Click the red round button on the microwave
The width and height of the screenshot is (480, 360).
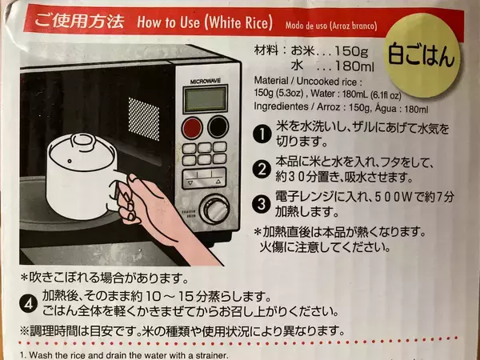click(192, 128)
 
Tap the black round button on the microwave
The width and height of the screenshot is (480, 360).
click(218, 126)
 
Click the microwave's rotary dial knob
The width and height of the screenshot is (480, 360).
click(214, 209)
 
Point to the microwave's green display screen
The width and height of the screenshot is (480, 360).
click(206, 99)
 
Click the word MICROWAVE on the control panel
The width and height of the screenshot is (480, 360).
click(205, 82)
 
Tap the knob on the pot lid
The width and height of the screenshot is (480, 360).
click(82, 140)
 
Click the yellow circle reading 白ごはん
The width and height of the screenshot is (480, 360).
click(422, 55)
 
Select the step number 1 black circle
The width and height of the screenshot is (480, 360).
click(262, 134)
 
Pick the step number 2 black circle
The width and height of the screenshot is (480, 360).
click(262, 170)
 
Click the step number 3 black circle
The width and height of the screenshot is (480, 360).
click(261, 204)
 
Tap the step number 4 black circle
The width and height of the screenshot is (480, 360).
click(29, 304)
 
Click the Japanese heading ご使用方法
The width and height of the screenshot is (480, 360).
click(79, 21)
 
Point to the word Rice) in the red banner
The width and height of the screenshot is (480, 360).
click(257, 23)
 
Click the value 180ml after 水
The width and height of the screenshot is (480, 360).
click(354, 66)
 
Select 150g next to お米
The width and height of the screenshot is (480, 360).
click(351, 51)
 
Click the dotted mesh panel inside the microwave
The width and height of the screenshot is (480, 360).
click(144, 118)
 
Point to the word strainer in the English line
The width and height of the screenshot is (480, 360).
click(214, 356)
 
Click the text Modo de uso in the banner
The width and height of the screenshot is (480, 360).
click(306, 25)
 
